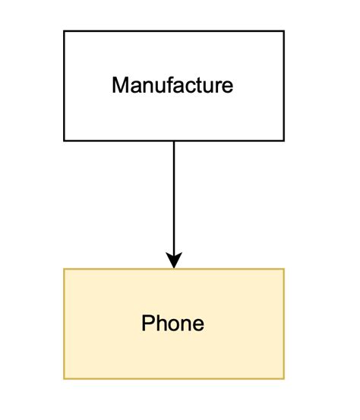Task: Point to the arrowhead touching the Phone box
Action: pyautogui.click(x=174, y=261)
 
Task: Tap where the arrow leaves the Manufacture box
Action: pyautogui.click(x=174, y=141)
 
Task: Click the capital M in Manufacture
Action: pyautogui.click(x=119, y=85)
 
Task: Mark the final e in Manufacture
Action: pyautogui.click(x=227, y=87)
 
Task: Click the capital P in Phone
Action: pyautogui.click(x=148, y=324)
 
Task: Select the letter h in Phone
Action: pyautogui.click(x=162, y=324)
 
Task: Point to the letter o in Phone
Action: pyautogui.click(x=174, y=325)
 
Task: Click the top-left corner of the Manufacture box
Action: pyautogui.click(x=64, y=31)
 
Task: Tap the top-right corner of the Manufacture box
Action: pyautogui.click(x=284, y=31)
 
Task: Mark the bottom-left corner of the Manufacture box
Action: pyautogui.click(x=64, y=141)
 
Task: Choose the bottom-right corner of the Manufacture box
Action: pyautogui.click(x=284, y=141)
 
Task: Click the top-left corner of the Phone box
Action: pyautogui.click(x=64, y=269)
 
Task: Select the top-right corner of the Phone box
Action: pyautogui.click(x=284, y=269)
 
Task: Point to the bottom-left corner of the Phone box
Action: pyautogui.click(x=64, y=378)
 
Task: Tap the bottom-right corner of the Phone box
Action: pyautogui.click(x=284, y=378)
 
